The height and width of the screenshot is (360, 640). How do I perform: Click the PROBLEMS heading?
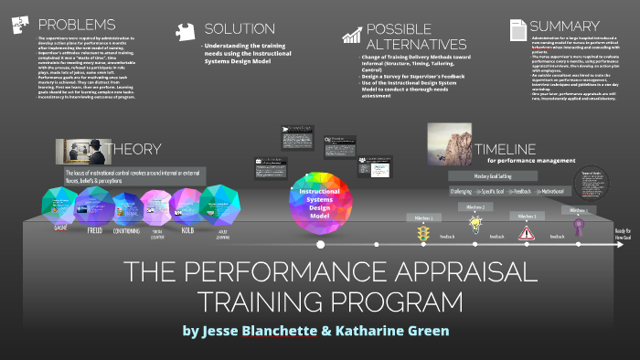click(65, 24)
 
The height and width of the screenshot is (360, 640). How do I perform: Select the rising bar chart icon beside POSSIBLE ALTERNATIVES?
click(351, 35)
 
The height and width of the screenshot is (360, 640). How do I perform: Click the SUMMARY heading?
click(565, 26)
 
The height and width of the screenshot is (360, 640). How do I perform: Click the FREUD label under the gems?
click(95, 231)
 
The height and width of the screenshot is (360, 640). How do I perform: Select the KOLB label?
click(187, 232)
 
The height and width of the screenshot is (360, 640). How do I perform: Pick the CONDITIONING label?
click(124, 231)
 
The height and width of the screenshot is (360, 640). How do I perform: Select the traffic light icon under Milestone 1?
click(423, 234)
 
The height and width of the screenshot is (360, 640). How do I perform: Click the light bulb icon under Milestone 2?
click(475, 224)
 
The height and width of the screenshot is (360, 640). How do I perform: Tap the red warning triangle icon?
click(527, 232)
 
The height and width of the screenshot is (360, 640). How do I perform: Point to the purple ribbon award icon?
click(578, 225)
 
